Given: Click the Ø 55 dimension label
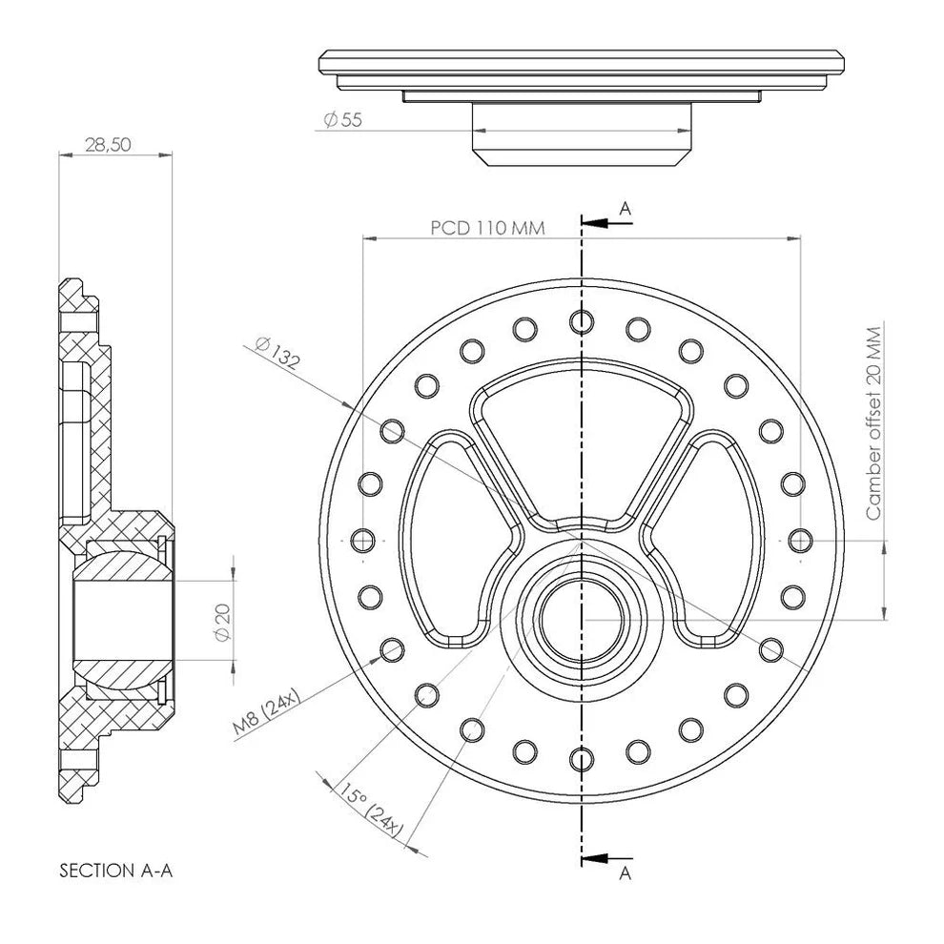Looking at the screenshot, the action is pos(343,120).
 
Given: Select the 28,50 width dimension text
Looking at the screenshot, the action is pos(108,145).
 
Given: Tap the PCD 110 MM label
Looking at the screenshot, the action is pos(487,228).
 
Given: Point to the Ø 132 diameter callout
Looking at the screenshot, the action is pos(277,352).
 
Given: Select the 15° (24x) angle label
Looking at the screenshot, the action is pos(371,811).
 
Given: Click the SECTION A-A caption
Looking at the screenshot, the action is pos(115,871).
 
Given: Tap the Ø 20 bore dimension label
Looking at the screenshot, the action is pos(223,622).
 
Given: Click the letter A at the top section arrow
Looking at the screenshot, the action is pos(626,209).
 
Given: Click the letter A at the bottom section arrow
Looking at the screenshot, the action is pos(626,872).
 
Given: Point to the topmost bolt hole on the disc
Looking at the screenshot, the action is pos(582,321).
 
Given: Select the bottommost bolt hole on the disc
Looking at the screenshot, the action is pos(582,760).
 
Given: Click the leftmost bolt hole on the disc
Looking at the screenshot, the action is pos(362,541).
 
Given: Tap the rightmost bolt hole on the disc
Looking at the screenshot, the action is pos(801,541).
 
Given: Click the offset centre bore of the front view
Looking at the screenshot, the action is pos(582,620).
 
